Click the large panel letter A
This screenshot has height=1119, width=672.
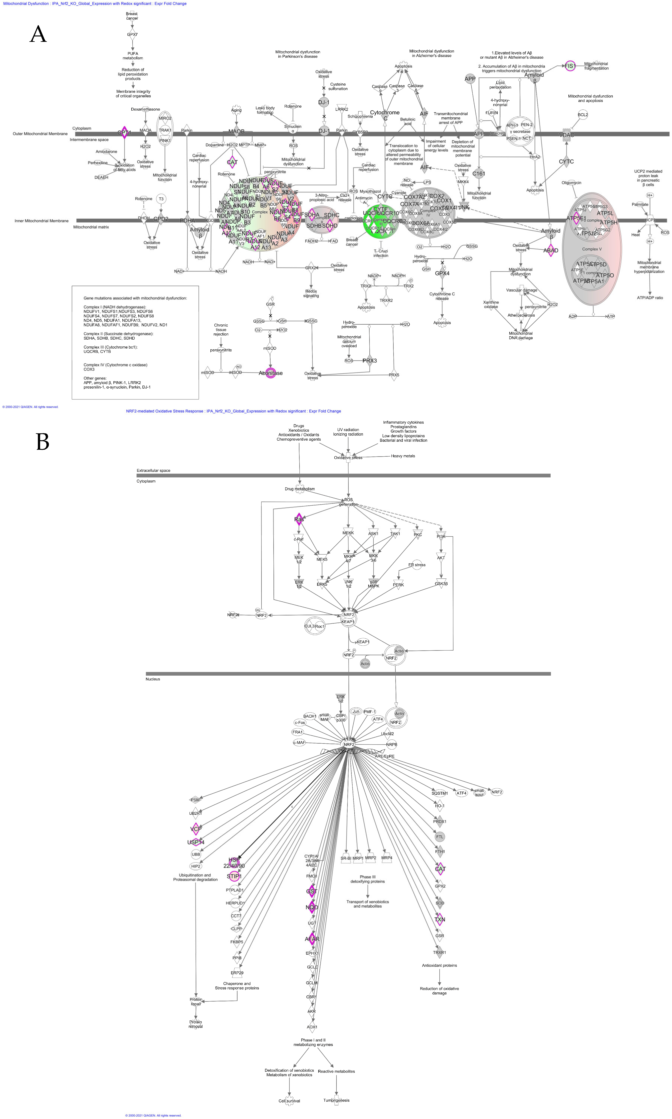pos(38,34)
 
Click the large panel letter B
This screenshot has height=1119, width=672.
pos(43,441)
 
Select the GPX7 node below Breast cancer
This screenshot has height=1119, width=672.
pos(132,34)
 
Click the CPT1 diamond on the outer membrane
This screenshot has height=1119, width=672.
pos(124,133)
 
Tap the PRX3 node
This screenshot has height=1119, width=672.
pos(370,361)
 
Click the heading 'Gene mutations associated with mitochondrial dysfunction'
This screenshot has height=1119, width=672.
pos(135,298)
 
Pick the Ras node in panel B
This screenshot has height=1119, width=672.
pos(299,519)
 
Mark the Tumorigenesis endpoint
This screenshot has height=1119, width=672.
pos(336,1101)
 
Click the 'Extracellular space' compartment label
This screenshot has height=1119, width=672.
pos(154,470)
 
